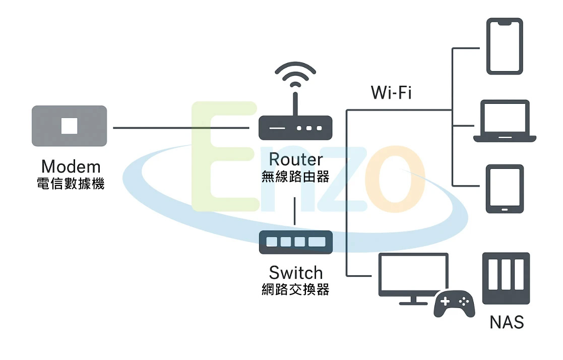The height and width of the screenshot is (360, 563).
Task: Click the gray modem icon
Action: (x=69, y=126)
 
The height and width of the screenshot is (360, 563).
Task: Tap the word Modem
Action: (x=71, y=166)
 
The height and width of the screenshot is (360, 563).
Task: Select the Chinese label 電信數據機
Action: (x=71, y=184)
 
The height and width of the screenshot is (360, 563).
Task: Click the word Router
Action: (x=295, y=159)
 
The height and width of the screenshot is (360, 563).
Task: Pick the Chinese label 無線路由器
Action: (x=295, y=176)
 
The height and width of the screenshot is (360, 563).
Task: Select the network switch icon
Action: (x=295, y=242)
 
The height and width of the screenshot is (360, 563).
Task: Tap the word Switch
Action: (x=295, y=273)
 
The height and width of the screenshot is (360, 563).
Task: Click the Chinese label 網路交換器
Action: (x=295, y=290)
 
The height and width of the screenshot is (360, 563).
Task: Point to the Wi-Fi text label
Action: (x=391, y=93)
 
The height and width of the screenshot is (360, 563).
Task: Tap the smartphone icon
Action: (x=505, y=46)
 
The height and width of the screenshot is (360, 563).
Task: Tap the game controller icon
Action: (x=454, y=303)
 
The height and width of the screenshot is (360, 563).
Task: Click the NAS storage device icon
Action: (x=506, y=278)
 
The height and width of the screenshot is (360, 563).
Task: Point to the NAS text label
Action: (x=506, y=322)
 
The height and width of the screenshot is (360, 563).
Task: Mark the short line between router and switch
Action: (x=295, y=211)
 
